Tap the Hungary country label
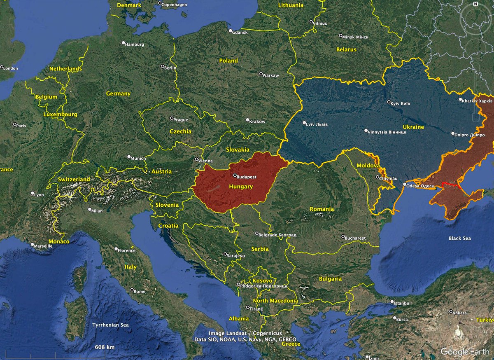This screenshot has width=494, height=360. [x=241, y=187]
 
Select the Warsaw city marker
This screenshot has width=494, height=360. [x=261, y=74]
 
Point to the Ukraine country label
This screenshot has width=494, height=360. [x=412, y=127]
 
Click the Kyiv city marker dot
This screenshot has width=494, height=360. [x=389, y=102]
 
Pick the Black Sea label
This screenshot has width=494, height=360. [x=460, y=238]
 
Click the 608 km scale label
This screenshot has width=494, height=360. [x=105, y=347]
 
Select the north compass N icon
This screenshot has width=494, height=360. [x=475, y=4]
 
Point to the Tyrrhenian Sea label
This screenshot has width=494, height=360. [x=110, y=325]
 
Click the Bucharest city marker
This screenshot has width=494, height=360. [x=343, y=237]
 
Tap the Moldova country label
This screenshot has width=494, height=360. [x=368, y=165]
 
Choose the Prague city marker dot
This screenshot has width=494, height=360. [x=172, y=118]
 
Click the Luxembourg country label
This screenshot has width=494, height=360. [x=61, y=114]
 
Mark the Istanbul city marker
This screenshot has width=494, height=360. [x=393, y=302]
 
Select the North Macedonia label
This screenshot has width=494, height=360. [x=275, y=301]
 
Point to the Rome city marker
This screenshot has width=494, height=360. [x=132, y=290]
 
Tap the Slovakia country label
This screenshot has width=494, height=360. [x=238, y=150]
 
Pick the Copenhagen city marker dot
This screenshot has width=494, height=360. [x=160, y=3]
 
